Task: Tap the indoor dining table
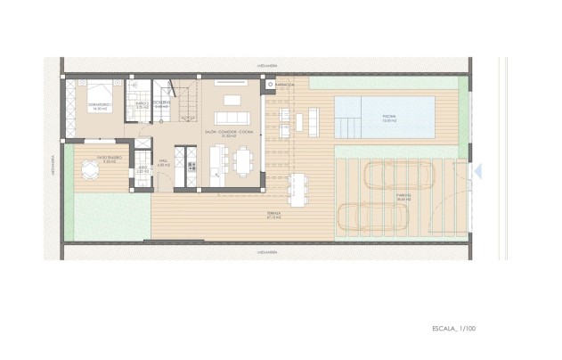[243, 159]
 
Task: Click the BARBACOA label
[286, 86]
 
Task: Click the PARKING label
[403, 199]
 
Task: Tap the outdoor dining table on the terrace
[296, 188]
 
